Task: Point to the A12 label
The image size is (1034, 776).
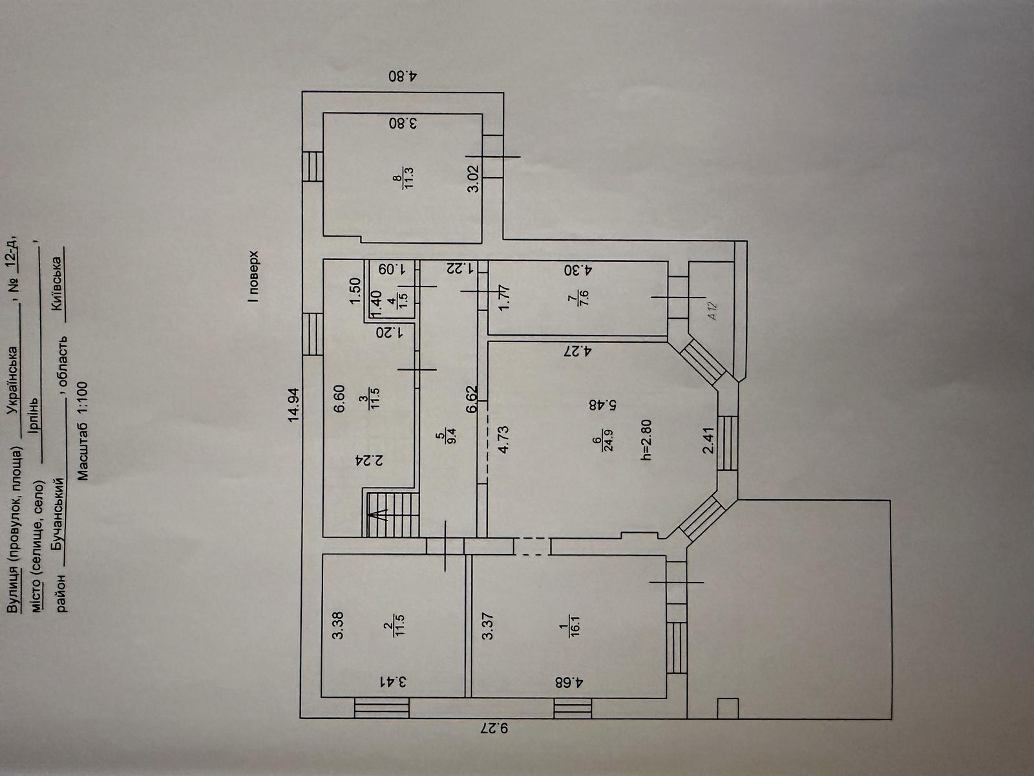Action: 713,312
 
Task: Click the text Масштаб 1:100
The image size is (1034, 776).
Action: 82,431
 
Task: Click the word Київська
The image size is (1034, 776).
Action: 58,285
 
